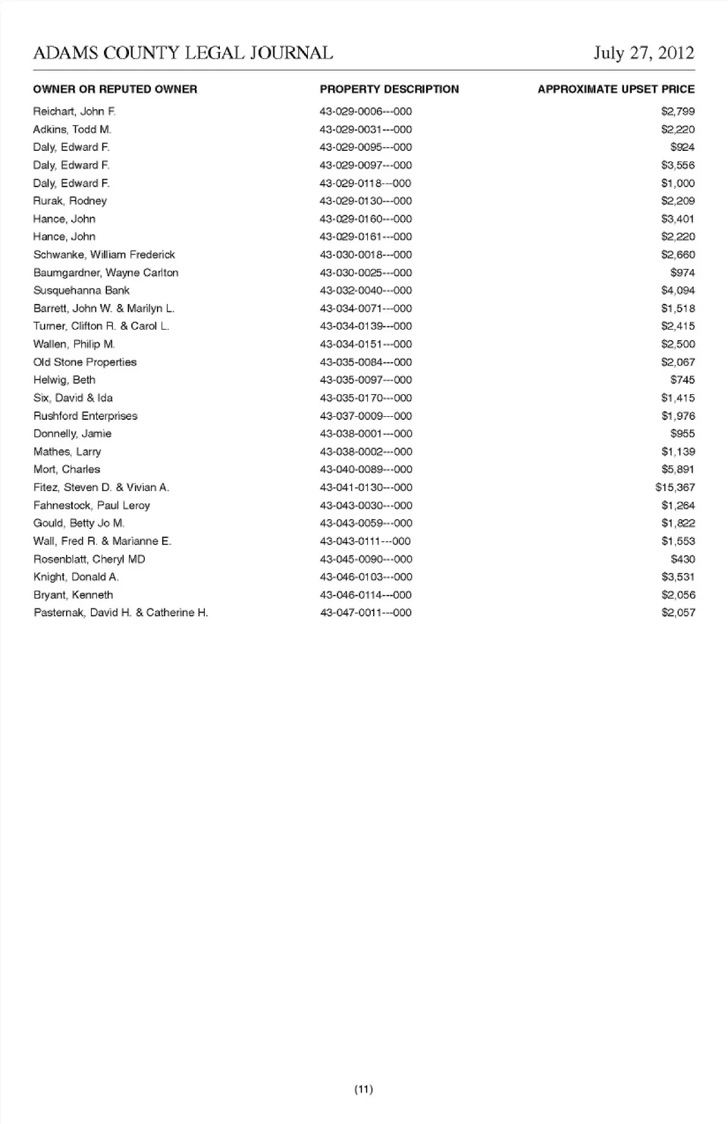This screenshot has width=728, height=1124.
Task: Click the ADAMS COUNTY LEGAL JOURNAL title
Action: (183, 53)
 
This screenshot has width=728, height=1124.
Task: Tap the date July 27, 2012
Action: (644, 53)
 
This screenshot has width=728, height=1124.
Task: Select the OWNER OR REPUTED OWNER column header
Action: (115, 89)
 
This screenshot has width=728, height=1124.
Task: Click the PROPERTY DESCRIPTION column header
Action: (389, 89)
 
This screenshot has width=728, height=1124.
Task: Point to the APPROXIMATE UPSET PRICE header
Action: (616, 89)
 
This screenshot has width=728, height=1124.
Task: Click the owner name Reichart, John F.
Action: (74, 111)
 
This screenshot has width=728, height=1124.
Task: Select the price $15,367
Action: (675, 487)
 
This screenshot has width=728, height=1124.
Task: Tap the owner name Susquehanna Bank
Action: (81, 290)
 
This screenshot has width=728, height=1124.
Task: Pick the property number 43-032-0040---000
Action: (366, 290)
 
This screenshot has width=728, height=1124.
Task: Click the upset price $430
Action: (682, 559)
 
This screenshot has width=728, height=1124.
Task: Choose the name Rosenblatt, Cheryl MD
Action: (89, 559)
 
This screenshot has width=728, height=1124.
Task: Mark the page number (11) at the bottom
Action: (364, 1089)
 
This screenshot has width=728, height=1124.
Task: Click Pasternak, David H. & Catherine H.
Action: (121, 612)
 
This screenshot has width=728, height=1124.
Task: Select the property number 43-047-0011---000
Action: (366, 612)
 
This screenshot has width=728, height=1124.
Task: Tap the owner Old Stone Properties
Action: (85, 362)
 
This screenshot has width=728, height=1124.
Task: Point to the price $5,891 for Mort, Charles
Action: (678, 469)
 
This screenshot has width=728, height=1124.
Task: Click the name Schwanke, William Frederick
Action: (104, 255)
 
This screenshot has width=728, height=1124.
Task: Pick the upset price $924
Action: (682, 147)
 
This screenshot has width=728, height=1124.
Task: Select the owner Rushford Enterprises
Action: (86, 416)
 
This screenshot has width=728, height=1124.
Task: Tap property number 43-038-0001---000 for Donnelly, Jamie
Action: (366, 434)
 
